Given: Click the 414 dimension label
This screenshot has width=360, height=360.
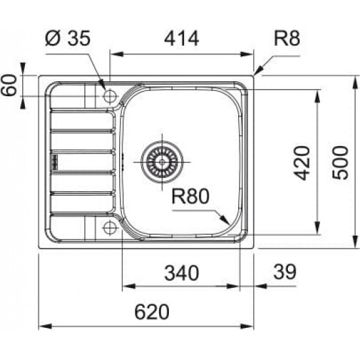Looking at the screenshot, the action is (x=181, y=39).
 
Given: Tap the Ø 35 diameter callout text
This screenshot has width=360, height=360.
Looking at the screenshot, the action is (x=68, y=38).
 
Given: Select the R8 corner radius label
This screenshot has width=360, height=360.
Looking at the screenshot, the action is (x=287, y=39).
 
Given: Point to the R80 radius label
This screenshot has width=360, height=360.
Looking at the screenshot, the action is (x=190, y=196).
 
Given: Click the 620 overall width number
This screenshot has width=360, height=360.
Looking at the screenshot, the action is (x=152, y=312).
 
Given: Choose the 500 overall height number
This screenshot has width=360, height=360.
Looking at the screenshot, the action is (x=340, y=162).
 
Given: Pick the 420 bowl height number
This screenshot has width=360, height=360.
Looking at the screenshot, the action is (x=302, y=163).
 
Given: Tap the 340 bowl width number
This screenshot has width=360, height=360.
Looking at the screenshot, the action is (x=181, y=273).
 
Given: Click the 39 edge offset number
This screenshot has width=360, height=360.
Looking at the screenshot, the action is (x=285, y=272).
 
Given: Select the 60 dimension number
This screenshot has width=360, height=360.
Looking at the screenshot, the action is (x=9, y=84).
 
